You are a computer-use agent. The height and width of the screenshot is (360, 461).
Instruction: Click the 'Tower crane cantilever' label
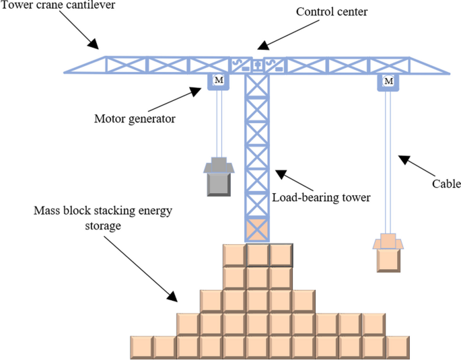point(59,7)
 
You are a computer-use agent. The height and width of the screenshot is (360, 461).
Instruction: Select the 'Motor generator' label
point(135,119)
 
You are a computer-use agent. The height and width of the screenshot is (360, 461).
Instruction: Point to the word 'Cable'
point(446,183)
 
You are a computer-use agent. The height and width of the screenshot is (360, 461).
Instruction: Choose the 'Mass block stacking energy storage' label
point(103,218)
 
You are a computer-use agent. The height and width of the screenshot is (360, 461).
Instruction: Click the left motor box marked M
point(218,81)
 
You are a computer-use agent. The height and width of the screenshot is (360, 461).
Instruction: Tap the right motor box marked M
point(388,81)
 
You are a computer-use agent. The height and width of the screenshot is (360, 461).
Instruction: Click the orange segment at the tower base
point(257,229)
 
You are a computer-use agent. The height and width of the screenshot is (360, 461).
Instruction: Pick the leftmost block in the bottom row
point(141,347)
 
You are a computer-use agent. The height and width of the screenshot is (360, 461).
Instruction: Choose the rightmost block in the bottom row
point(397,347)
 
